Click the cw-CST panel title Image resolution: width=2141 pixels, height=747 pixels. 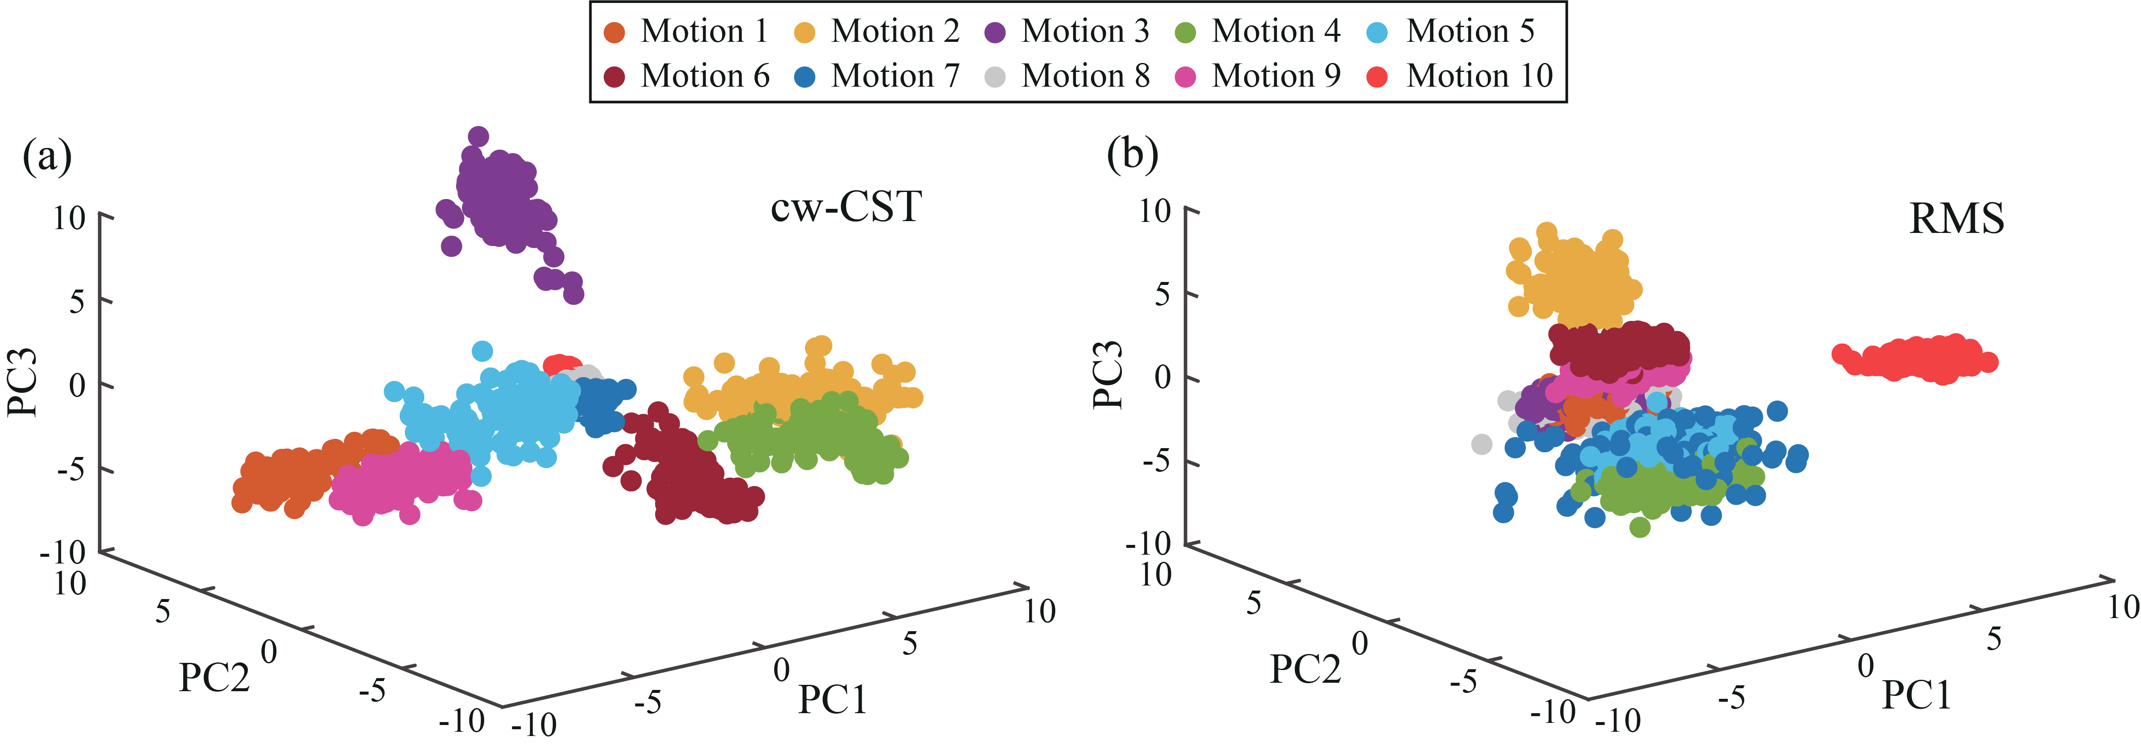click(x=846, y=206)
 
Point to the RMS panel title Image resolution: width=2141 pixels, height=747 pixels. click(x=1957, y=219)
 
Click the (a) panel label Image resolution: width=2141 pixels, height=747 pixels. click(x=47, y=156)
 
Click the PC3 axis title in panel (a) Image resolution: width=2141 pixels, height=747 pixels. click(x=22, y=382)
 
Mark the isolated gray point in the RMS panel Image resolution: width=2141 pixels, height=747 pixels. click(x=1481, y=445)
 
